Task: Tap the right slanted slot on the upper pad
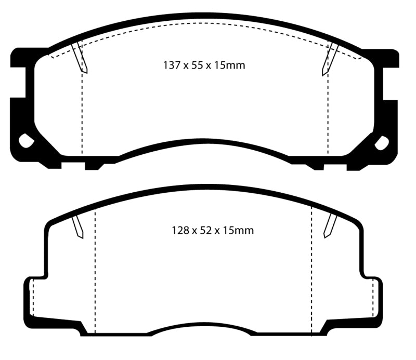click(x=330, y=57)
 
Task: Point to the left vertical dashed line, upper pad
click(x=82, y=114)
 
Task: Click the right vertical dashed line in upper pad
click(x=328, y=114)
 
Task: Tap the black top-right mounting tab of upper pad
click(x=387, y=57)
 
